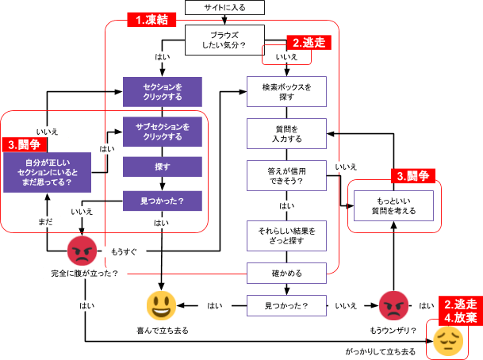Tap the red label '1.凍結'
pyautogui.click(x=151, y=20)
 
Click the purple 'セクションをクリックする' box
pyautogui.click(x=163, y=91)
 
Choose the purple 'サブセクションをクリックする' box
pyautogui.click(x=163, y=132)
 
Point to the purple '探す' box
pyautogui.click(x=163, y=167)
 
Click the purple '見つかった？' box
pyautogui.click(x=163, y=201)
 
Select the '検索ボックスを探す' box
pyautogui.click(x=286, y=91)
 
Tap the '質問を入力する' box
pyautogui.click(x=286, y=133)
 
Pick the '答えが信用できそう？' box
pyautogui.click(x=286, y=175)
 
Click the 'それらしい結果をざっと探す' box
pyautogui.click(x=286, y=235)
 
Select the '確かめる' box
pyautogui.click(x=286, y=274)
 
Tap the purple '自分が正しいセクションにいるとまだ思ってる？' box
pyautogui.click(x=45, y=171)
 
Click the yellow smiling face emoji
pyautogui.click(x=162, y=305)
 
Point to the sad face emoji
pyautogui.click(x=447, y=340)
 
